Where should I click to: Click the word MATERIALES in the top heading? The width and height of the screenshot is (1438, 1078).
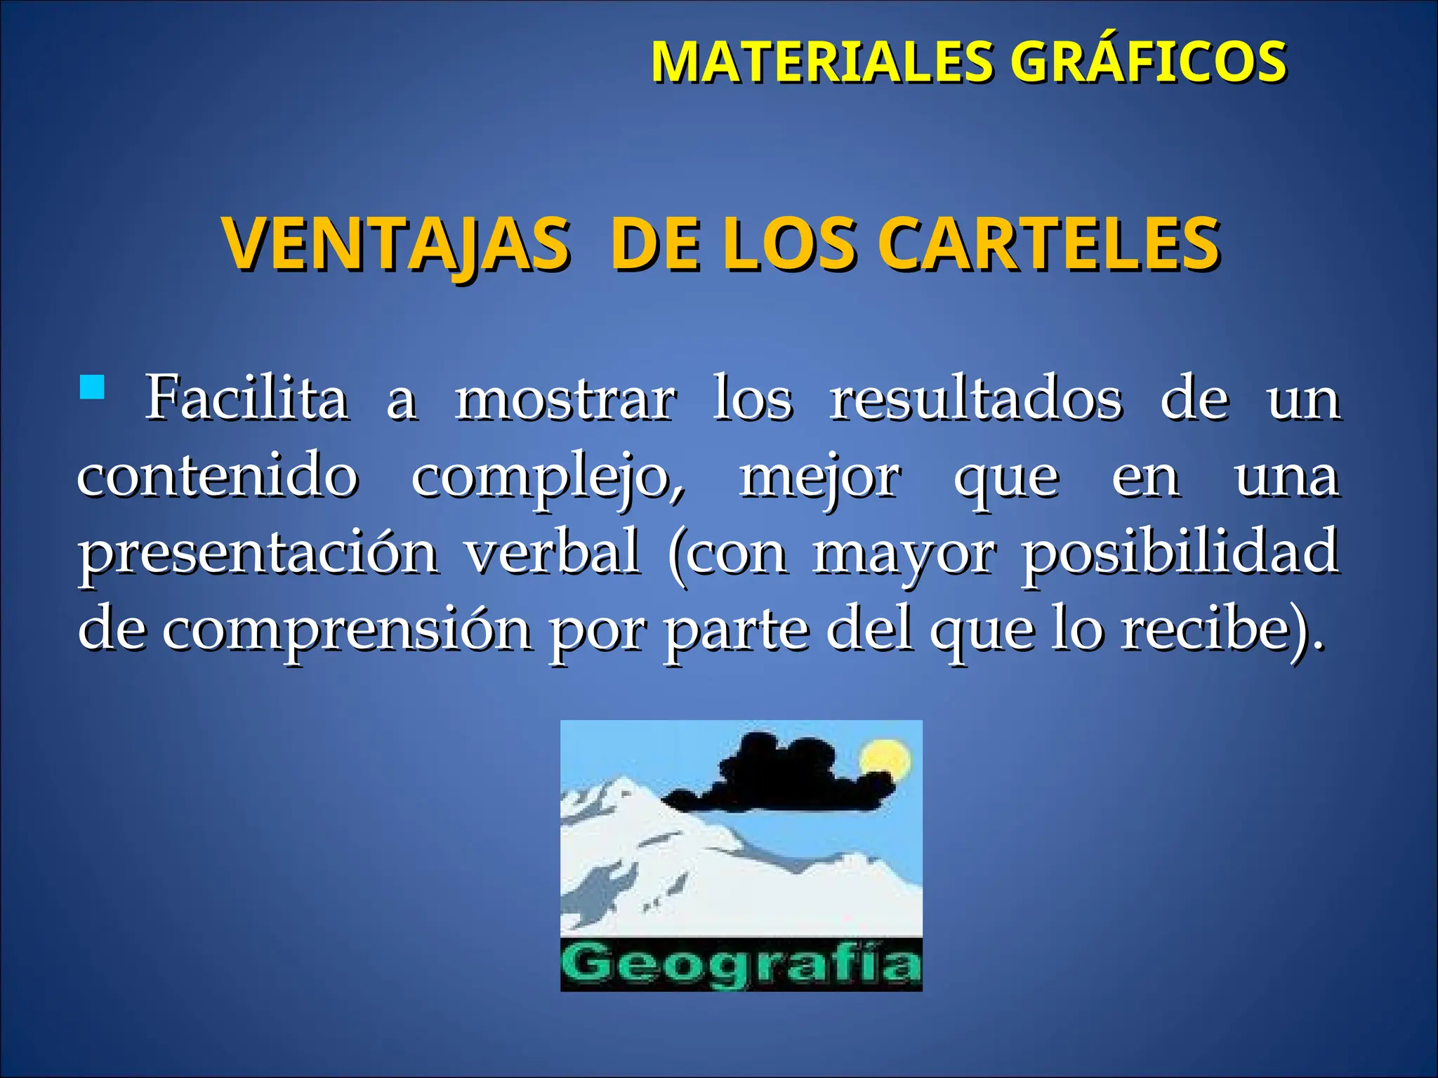[x=822, y=62]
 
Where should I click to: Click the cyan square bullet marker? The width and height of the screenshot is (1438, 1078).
[x=92, y=387]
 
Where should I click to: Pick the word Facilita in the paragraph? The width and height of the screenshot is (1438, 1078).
[x=246, y=399]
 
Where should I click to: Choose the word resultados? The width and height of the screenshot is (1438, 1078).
[x=977, y=399]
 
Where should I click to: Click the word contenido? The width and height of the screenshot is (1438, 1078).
[x=218, y=476]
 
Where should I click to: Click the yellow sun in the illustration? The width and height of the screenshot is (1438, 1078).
[x=885, y=761]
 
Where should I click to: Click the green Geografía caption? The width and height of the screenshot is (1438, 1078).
[x=741, y=964]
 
